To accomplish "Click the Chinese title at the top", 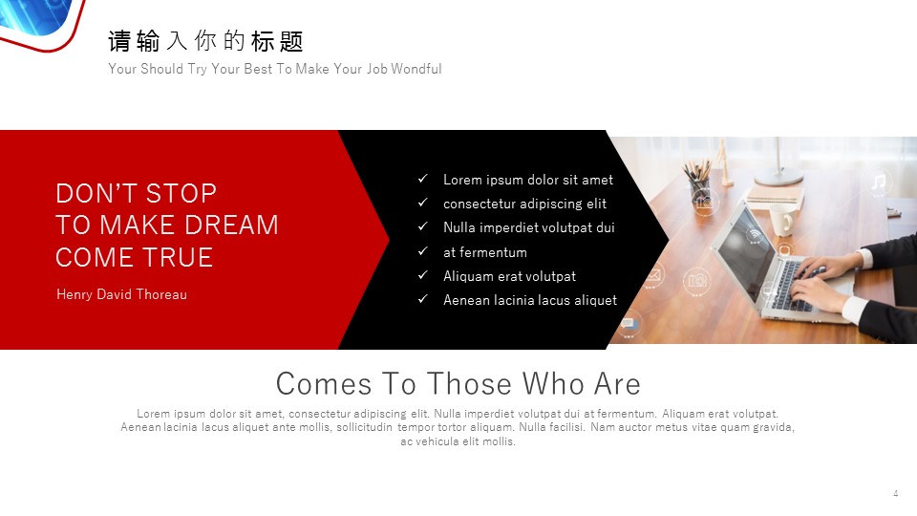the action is coord(205,41).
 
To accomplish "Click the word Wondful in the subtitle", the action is coord(416,69).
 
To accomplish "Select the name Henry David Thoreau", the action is coord(121,294).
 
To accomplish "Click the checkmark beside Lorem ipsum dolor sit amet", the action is coord(423,179).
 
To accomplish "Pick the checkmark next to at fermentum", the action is coord(423,251).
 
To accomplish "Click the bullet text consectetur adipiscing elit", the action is coord(524,204).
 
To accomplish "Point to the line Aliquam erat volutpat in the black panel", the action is coord(509,276).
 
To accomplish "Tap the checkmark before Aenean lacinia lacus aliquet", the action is coord(423,299).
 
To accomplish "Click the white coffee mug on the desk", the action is coord(780,221).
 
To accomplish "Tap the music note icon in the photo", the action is coord(879,182).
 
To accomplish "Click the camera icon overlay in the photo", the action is coord(697,281).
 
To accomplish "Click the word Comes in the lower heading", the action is coord(324,384).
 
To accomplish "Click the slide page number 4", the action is coord(895,493).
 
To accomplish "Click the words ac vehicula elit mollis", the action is coord(458,441).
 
